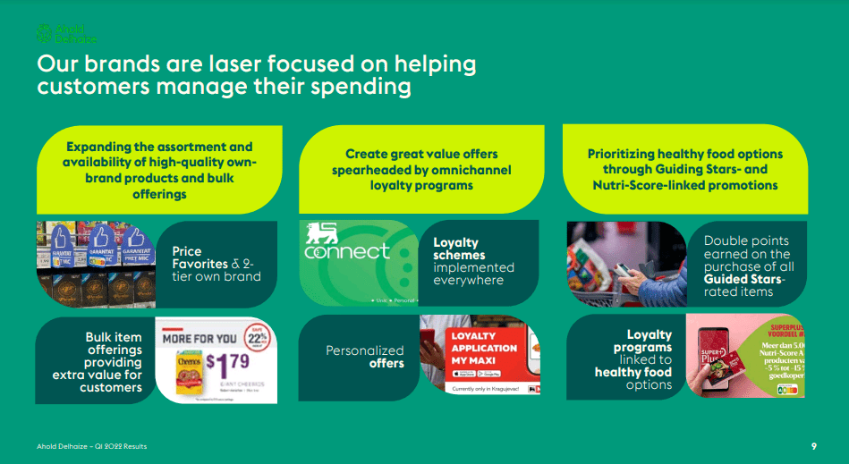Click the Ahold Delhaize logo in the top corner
(x=66, y=34)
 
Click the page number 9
(x=813, y=445)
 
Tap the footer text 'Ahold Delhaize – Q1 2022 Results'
(x=92, y=445)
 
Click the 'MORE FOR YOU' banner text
(x=200, y=339)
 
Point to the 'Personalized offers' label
(x=365, y=357)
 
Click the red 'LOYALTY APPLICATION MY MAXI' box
(x=484, y=348)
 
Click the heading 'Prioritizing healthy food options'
(x=684, y=154)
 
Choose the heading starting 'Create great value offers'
(x=421, y=154)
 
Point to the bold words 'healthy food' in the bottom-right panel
(x=633, y=372)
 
